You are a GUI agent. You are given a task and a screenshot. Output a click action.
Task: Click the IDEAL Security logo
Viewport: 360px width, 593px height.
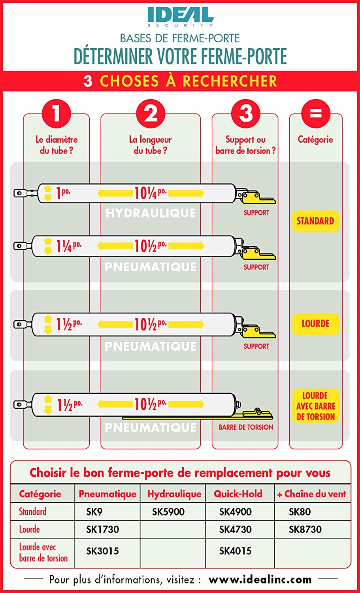[181, 17]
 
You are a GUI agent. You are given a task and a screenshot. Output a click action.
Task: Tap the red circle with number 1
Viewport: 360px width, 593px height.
[57, 114]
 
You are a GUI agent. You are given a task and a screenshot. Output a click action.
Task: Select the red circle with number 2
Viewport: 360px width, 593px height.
[151, 114]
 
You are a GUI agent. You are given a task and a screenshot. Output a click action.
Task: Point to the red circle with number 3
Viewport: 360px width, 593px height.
[246, 114]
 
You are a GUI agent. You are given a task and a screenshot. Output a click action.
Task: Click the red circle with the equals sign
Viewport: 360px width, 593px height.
[316, 114]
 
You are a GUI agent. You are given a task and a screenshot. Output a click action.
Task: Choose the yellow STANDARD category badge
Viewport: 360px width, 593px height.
[315, 221]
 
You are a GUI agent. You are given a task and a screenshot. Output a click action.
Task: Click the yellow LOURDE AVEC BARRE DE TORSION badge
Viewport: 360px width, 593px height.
[315, 406]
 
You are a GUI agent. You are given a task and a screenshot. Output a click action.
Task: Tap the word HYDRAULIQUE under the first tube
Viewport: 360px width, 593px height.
[151, 213]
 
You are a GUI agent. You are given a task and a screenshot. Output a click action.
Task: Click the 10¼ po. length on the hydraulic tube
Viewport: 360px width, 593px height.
[150, 193]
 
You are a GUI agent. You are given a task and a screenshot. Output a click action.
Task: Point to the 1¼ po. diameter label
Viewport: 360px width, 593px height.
[69, 246]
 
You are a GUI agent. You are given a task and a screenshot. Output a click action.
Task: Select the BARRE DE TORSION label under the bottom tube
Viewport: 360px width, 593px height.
[246, 427]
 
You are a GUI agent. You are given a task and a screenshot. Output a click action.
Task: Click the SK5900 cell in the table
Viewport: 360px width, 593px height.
[168, 512]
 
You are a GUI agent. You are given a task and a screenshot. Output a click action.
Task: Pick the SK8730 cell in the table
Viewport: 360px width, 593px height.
[305, 529]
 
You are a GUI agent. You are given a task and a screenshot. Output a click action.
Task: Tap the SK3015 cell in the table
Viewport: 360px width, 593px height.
[102, 551]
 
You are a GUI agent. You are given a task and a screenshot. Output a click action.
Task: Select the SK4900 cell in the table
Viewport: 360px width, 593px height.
[235, 512]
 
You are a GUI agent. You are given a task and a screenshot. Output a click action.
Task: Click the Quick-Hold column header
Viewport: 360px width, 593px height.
[238, 494]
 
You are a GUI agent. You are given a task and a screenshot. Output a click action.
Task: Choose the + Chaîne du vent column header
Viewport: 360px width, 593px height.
[311, 494]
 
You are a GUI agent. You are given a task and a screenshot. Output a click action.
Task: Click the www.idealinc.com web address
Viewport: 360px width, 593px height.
[260, 580]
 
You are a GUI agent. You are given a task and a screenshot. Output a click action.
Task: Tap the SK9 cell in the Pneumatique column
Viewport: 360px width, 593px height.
[94, 512]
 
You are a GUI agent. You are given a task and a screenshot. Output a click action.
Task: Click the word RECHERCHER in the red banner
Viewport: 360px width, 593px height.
[230, 81]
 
